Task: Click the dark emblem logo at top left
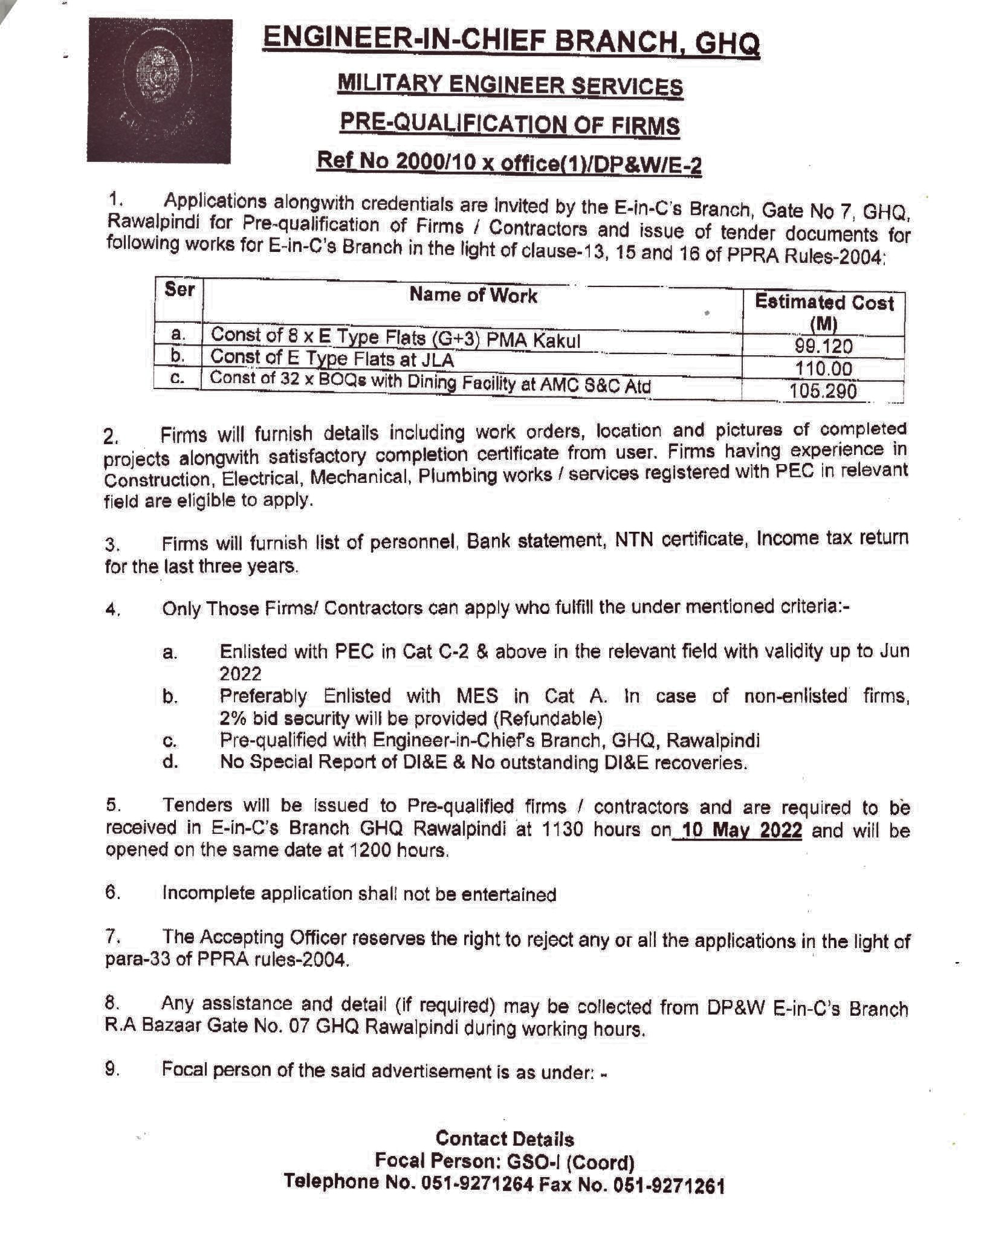pos(160,91)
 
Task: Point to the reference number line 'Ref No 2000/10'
pos(510,163)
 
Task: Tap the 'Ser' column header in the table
pos(180,290)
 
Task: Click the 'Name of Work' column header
pos(473,295)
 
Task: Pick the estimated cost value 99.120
pos(824,346)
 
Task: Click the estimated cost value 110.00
pos(824,368)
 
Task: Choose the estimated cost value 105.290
pos(823,391)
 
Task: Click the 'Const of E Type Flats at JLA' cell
pos(332,358)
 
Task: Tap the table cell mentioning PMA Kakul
pos(395,338)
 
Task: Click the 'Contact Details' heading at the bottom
pos(505,1139)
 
